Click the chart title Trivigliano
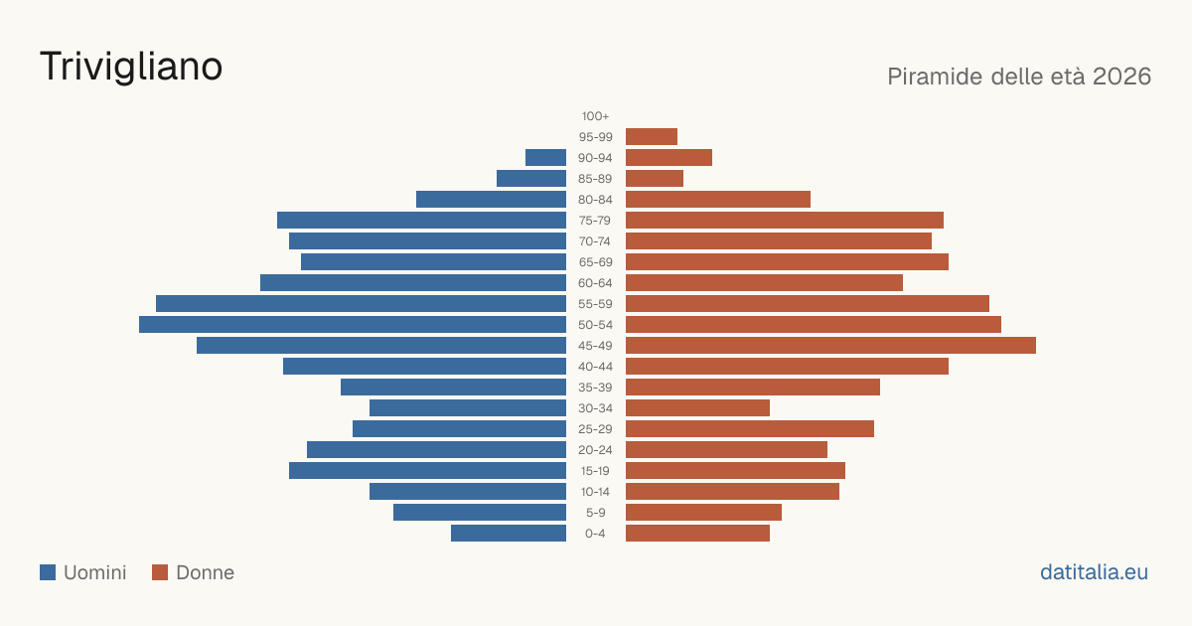click(131, 68)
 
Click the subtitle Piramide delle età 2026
click(1019, 77)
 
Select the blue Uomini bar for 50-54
click(353, 325)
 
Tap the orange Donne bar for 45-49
click(830, 346)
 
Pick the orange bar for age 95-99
click(652, 137)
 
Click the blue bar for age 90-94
click(545, 158)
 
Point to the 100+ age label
click(595, 116)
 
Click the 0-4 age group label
click(595, 534)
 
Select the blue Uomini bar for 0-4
click(509, 534)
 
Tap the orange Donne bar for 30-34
click(697, 408)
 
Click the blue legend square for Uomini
click(48, 572)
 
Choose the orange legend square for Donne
click(160, 572)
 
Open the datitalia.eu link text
click(1094, 572)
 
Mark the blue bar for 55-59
click(361, 304)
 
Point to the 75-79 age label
click(595, 221)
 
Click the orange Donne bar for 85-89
click(655, 178)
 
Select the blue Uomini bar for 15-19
click(427, 471)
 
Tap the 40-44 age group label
click(595, 367)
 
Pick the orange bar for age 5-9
click(703, 513)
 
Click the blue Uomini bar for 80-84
click(491, 200)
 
